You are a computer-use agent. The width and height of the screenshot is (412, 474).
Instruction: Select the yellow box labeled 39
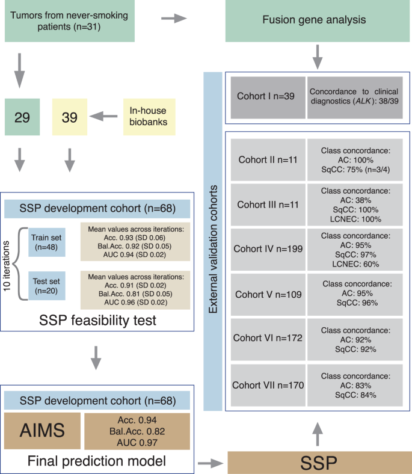tap(70, 117)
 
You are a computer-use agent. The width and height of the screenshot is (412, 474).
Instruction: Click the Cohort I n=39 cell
tap(266, 94)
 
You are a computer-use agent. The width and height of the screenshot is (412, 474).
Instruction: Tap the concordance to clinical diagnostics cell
tap(355, 94)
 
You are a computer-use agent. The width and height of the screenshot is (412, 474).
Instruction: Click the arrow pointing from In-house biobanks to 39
tap(106, 117)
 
